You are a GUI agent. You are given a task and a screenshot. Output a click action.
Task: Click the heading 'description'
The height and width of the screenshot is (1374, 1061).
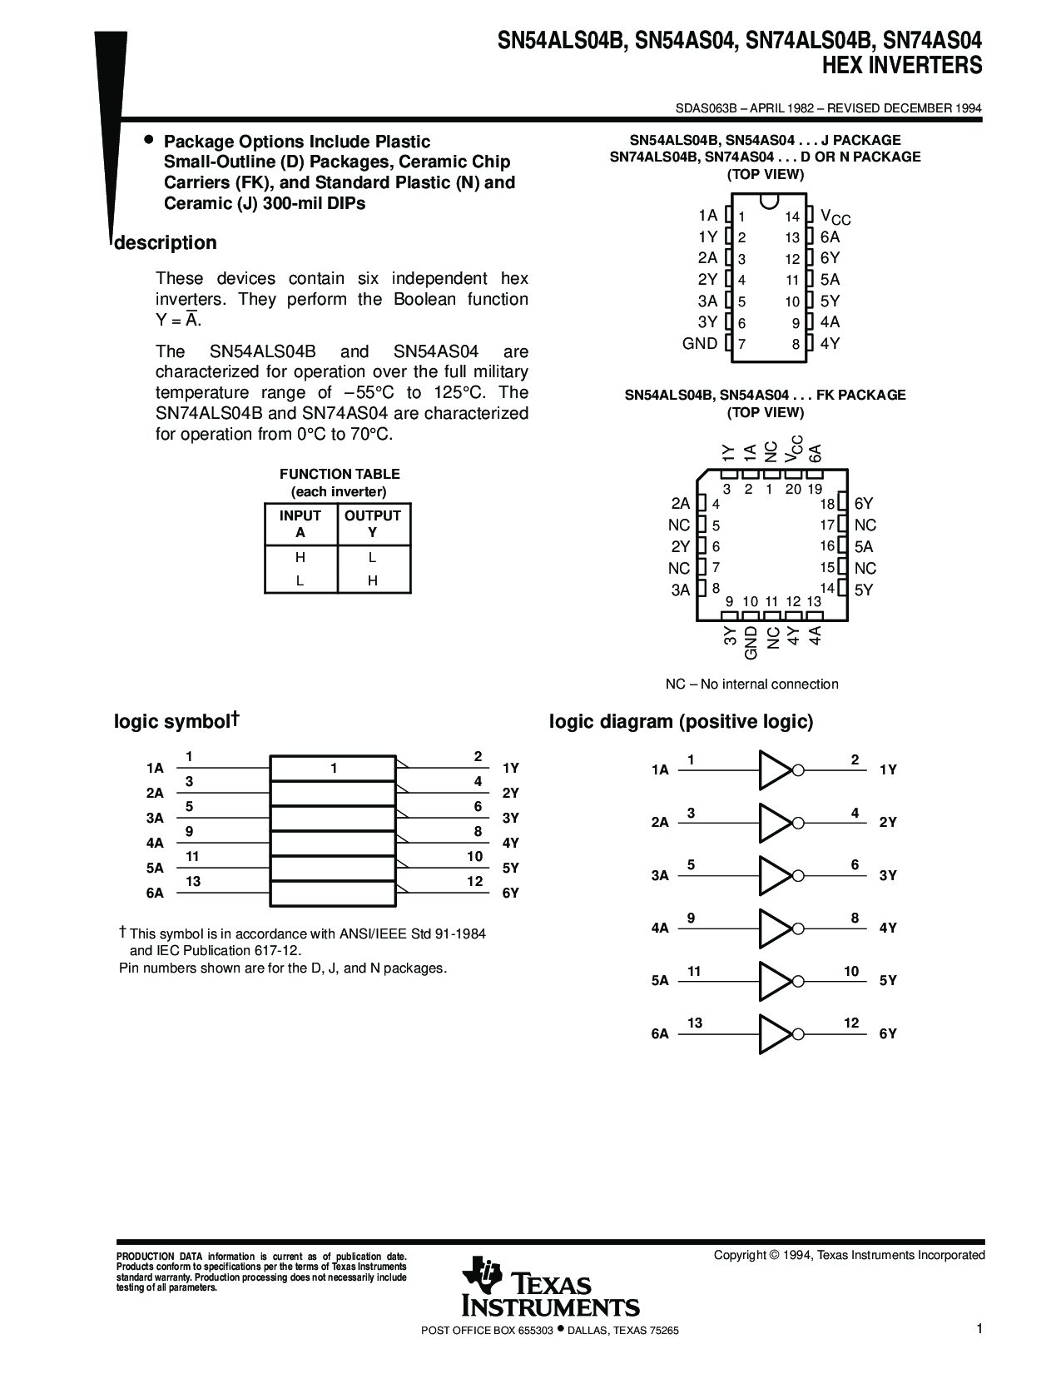tap(165, 243)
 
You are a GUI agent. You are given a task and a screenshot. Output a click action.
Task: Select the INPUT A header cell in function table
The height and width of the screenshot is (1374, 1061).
tap(300, 525)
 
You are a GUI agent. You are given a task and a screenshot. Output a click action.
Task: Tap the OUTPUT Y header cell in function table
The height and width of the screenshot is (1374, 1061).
tap(373, 525)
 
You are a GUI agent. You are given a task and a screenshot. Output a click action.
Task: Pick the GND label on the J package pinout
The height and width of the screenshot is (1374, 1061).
tap(700, 344)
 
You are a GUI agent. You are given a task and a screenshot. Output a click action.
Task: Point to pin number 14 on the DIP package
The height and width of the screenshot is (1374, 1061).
tap(792, 217)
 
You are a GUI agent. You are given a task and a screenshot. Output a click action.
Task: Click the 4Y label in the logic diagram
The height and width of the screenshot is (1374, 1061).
tap(888, 928)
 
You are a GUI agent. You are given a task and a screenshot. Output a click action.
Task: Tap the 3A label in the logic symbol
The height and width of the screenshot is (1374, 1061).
tap(155, 818)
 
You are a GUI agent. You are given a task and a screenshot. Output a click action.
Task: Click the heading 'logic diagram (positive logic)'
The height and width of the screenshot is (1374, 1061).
tap(681, 722)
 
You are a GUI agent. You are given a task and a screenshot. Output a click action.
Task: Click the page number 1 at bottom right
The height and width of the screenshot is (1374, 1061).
tap(981, 1329)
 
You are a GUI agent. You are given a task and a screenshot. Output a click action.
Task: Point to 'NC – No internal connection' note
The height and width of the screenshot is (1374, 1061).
tap(751, 685)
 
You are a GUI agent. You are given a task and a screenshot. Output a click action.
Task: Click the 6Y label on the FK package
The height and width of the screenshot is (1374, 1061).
tap(864, 504)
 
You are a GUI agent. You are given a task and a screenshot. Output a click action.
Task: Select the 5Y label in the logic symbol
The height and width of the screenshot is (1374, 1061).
tap(510, 868)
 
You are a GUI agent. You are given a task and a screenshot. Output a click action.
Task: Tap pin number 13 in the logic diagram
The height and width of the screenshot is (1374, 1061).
tap(695, 1023)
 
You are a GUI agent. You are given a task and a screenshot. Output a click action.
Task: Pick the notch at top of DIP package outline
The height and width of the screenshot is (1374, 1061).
tap(769, 201)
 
